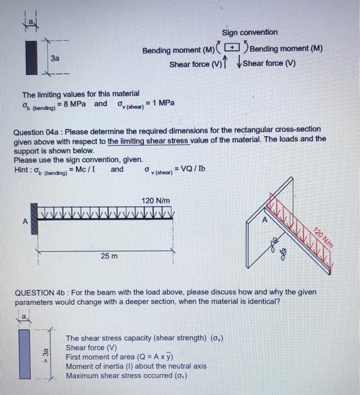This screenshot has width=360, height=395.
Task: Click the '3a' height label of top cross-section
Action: (55, 58)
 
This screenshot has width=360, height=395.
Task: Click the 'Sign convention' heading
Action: (249, 32)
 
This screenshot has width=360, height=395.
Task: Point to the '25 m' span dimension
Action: (109, 256)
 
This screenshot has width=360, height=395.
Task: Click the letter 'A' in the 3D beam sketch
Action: (261, 221)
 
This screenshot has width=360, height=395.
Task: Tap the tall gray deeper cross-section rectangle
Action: (23, 353)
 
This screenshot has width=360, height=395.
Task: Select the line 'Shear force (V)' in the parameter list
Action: (91, 348)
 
